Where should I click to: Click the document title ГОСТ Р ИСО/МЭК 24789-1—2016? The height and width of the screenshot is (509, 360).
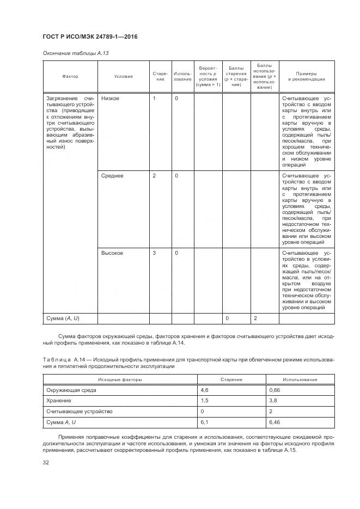coord(89,36)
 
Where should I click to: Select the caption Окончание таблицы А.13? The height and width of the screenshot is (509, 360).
coord(70,53)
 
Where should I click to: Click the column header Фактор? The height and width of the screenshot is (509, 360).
coord(70,76)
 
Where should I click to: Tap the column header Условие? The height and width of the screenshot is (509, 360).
coord(123,76)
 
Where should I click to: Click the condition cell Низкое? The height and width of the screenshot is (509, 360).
coord(111,98)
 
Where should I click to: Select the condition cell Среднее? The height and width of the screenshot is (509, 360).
coord(112,176)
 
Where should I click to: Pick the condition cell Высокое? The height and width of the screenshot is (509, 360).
coord(112,253)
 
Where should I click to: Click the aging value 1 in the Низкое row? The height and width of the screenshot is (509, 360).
coord(154,98)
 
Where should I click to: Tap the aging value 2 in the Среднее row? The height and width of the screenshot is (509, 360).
coord(154,176)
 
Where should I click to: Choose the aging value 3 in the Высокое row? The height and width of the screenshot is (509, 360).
coord(154,253)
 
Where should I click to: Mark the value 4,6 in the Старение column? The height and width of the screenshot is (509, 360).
coord(205,390)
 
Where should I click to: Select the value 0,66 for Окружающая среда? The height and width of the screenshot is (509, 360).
coord(275,390)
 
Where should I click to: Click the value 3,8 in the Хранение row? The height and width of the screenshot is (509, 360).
coord(273,401)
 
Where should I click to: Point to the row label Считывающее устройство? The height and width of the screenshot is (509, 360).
coord(80,411)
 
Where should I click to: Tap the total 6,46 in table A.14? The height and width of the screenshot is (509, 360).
coord(275,421)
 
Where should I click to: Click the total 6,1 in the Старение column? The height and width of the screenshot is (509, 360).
coord(205,421)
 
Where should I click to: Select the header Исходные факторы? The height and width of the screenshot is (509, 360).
coord(120,379)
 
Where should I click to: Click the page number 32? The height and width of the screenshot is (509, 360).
coord(46,462)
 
